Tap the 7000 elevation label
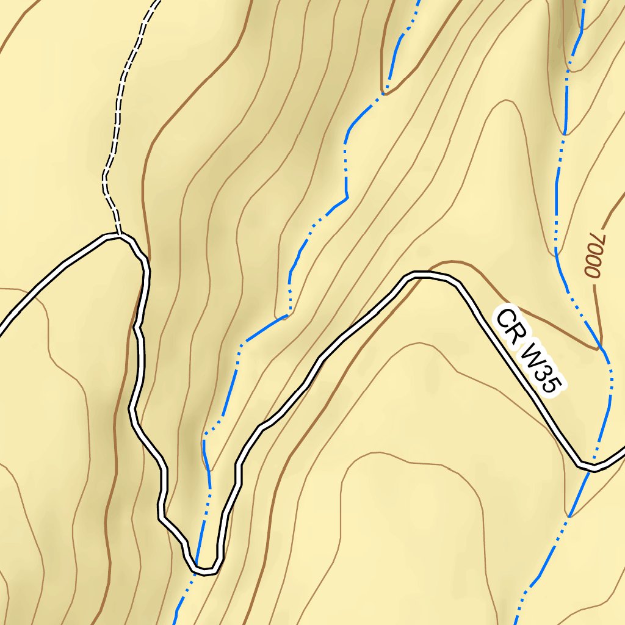tap(594, 255)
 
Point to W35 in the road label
tap(542, 366)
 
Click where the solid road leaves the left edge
tap(2, 330)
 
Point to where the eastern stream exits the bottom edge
tap(516, 623)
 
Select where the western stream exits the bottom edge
tap(177, 623)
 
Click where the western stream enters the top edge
tap(419, 2)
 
